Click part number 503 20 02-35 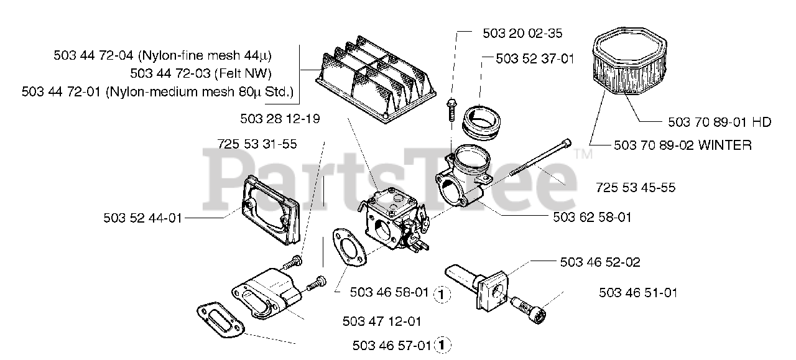(522, 33)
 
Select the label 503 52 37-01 (535, 58)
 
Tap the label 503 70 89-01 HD (719, 122)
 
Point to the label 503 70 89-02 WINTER (682, 145)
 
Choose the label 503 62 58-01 (591, 217)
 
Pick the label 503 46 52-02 (599, 262)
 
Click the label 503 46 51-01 (638, 292)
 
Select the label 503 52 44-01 (143, 218)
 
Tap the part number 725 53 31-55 (257, 144)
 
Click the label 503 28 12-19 (280, 118)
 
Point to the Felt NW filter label (200, 73)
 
